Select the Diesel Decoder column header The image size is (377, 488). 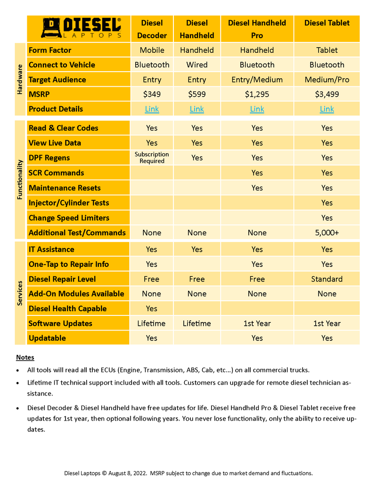[x=152, y=29]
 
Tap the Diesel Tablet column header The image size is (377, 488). [x=327, y=23]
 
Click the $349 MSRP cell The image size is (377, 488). [x=152, y=94]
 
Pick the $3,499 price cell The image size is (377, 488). [x=327, y=94]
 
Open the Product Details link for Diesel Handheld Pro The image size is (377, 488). [x=257, y=109]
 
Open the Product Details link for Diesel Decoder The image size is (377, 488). [x=152, y=109]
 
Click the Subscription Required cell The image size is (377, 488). [x=152, y=157]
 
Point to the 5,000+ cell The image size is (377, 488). [x=327, y=233]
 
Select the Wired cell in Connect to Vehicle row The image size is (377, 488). [x=197, y=65]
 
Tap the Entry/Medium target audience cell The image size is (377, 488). [x=257, y=80]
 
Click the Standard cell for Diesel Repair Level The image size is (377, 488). [x=327, y=279]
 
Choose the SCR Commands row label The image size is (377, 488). [x=57, y=173]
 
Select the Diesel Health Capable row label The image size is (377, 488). [x=67, y=308]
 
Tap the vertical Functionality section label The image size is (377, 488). [x=20, y=179]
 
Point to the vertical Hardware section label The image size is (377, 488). [x=20, y=79]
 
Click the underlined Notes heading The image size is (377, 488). [x=25, y=357]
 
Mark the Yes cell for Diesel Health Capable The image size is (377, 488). [x=152, y=308]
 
